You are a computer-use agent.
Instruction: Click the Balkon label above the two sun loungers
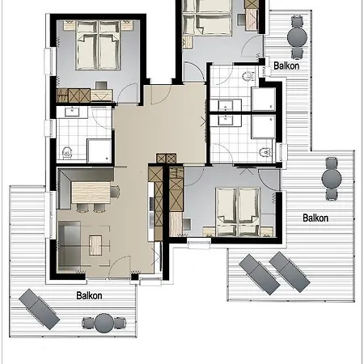(315, 218)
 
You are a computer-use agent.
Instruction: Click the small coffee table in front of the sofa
(99, 242)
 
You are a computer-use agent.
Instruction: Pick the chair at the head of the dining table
(115, 192)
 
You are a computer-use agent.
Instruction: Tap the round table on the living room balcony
(103, 324)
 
